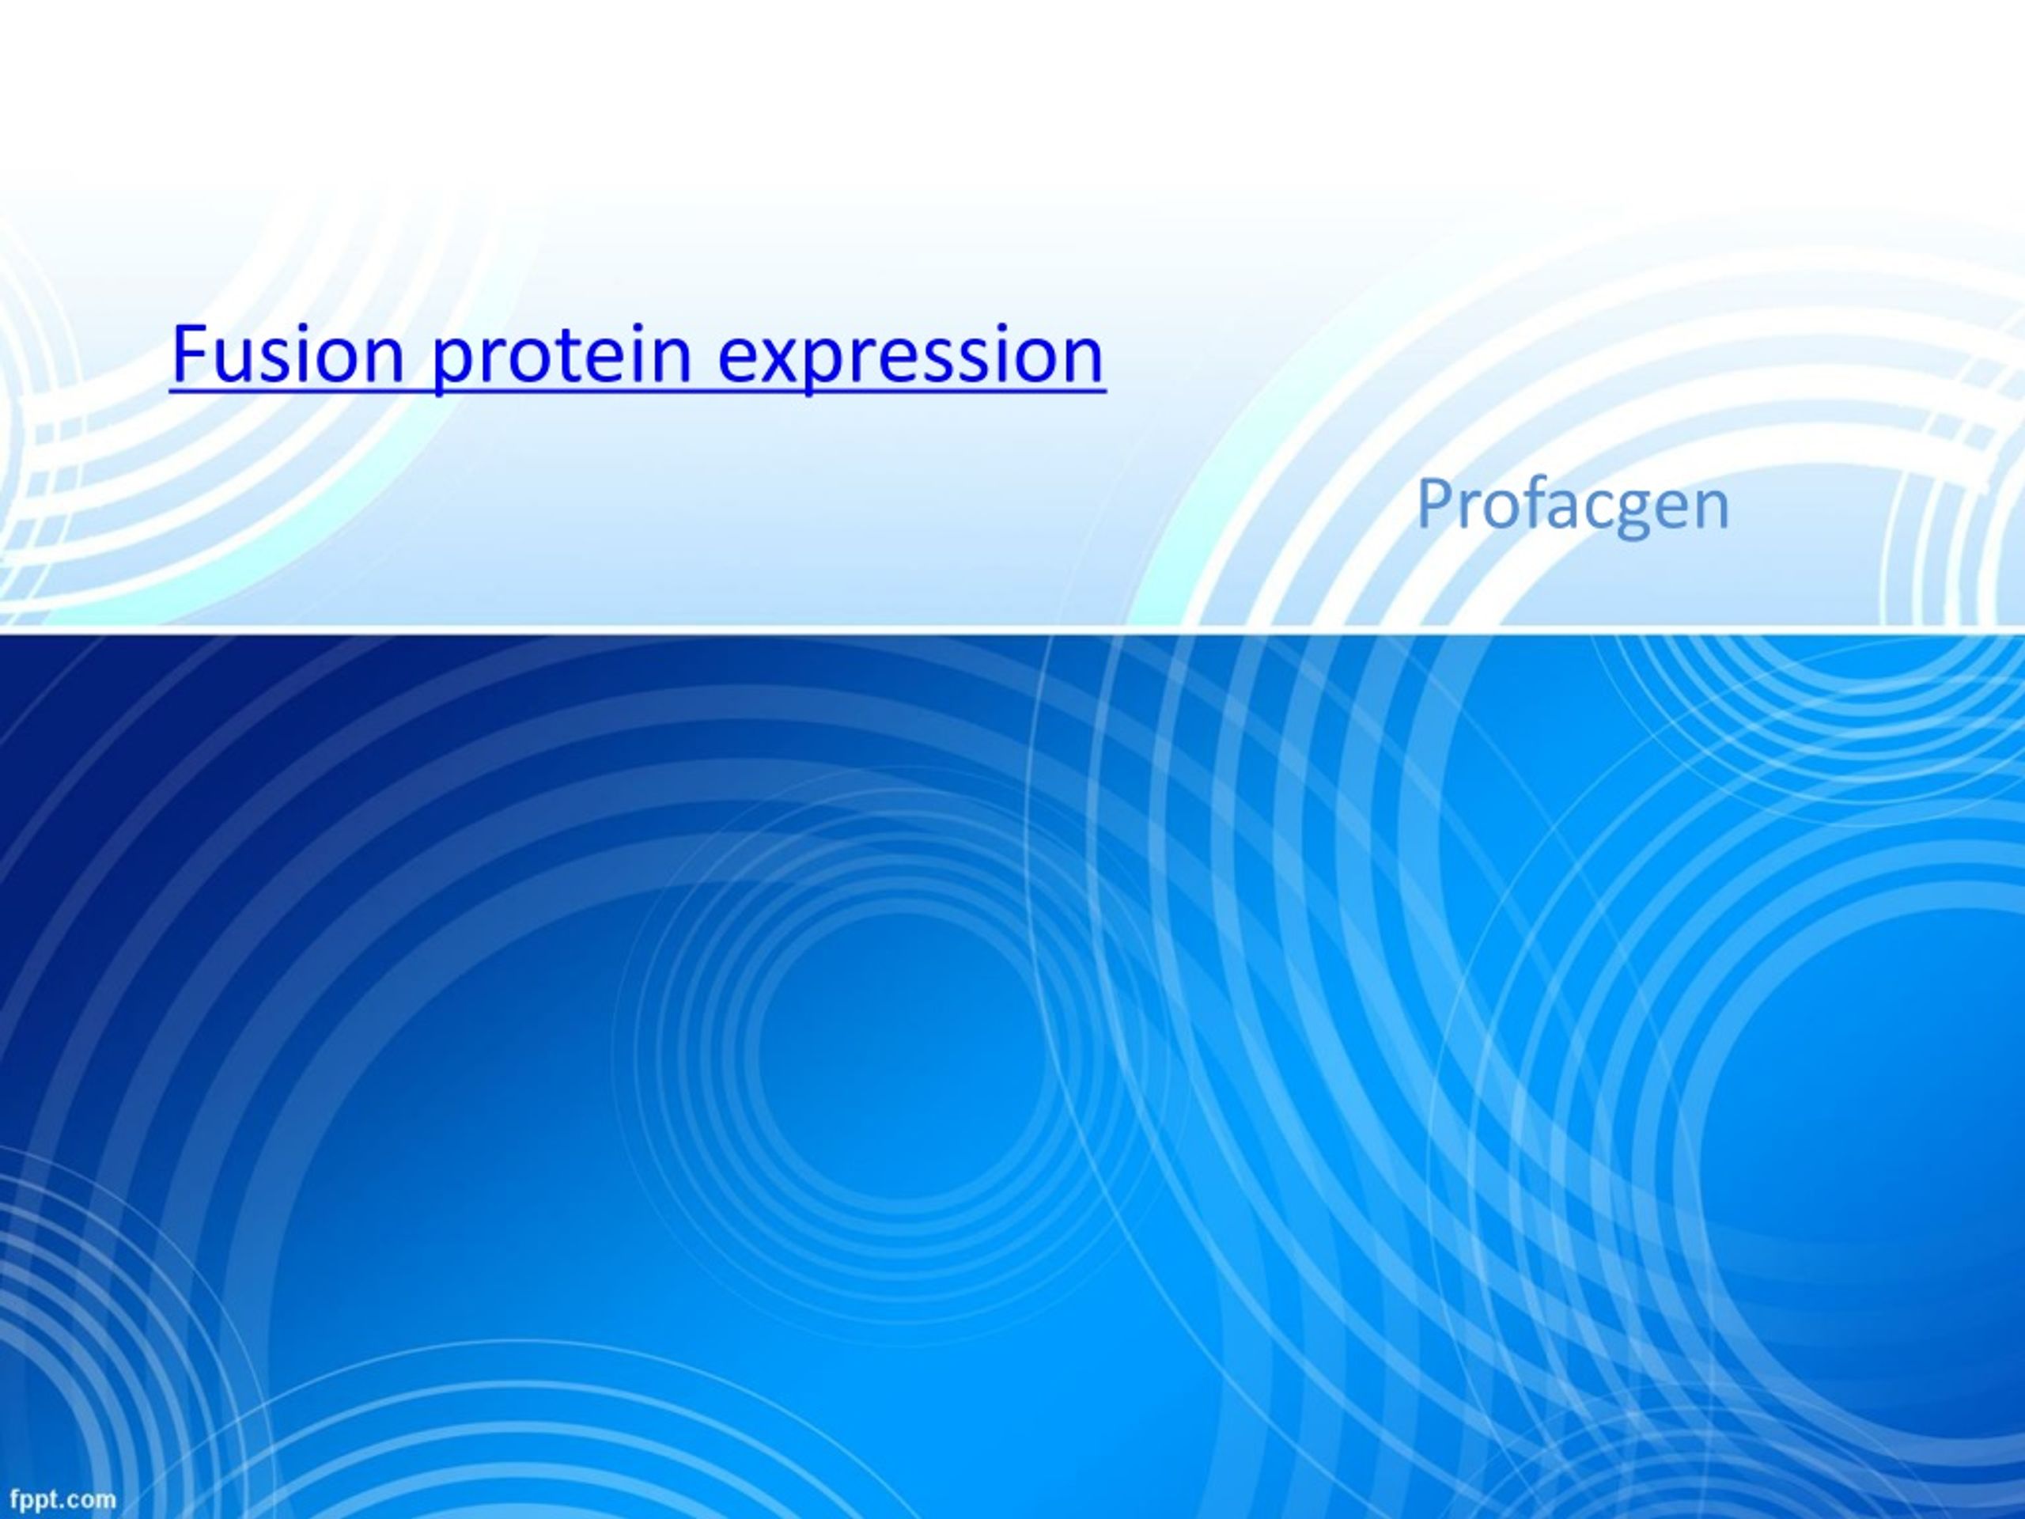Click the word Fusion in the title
[287, 354]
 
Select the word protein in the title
[560, 359]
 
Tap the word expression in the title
[911, 359]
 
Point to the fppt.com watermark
[63, 1499]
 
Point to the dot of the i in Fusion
[304, 328]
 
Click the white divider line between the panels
[1012, 629]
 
